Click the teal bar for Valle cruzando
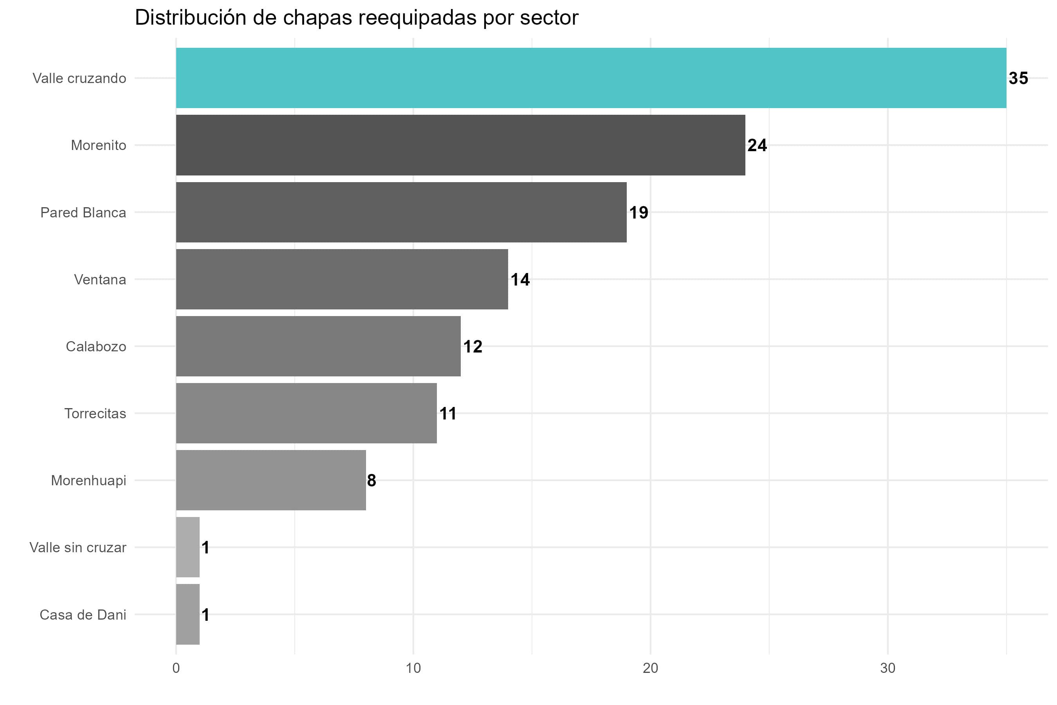591,78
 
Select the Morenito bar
460,145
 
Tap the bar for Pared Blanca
401,212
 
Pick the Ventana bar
341,279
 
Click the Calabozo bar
318,346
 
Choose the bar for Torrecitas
306,413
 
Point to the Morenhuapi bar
271,480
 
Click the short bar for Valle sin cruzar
188,547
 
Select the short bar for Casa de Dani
188,614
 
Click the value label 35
1018,78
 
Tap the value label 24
757,145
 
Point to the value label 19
638,212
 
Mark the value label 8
371,481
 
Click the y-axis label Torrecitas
95,414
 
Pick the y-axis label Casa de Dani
83,615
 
